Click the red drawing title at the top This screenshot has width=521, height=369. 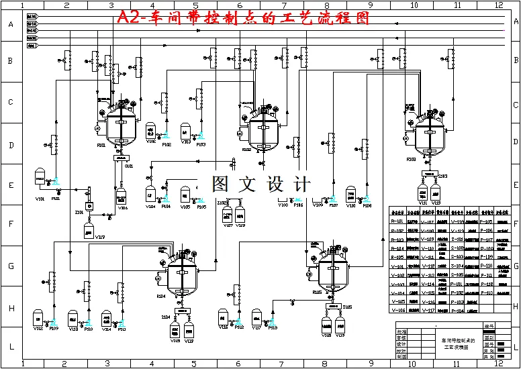[x=243, y=18]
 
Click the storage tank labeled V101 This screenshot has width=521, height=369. [x=40, y=178]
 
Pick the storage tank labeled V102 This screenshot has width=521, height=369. [x=150, y=129]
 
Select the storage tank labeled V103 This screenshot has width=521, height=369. [x=186, y=129]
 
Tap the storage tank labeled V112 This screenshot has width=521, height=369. [x=38, y=317]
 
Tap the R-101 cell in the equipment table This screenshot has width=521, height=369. [x=398, y=221]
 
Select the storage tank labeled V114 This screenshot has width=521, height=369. [x=106, y=317]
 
